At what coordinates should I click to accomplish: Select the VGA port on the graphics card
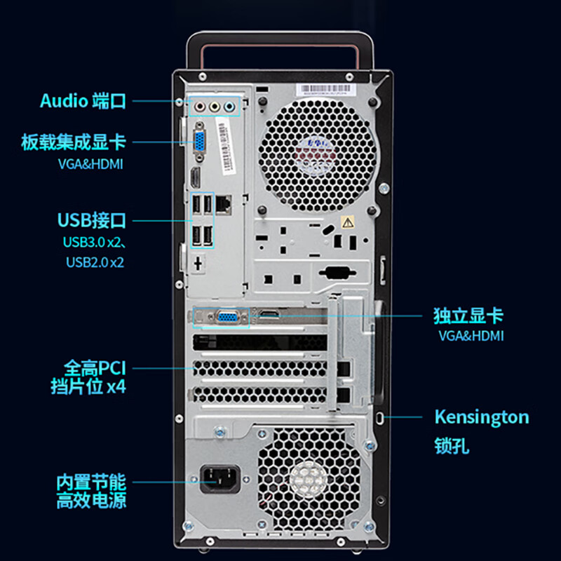coord(226,317)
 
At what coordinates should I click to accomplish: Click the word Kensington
coord(481,417)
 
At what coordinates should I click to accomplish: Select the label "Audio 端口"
coord(83,100)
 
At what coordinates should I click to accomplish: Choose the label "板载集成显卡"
coord(74,142)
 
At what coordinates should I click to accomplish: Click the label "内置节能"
coord(91,482)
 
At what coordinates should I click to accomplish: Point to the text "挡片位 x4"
coord(88,386)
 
